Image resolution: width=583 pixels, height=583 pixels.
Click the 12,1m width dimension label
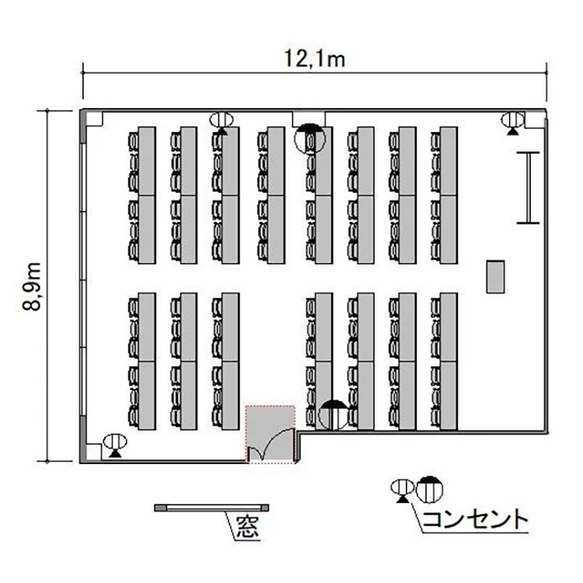(x=315, y=59)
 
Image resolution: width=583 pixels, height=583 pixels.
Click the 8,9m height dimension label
(x=31, y=286)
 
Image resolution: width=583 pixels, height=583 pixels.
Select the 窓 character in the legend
(x=248, y=528)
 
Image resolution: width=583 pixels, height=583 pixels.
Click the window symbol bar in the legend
(x=211, y=508)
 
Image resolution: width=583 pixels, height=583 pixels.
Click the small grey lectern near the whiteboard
(x=496, y=277)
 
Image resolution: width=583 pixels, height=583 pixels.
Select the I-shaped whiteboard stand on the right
(x=528, y=188)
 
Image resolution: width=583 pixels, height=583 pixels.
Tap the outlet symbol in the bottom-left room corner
(x=115, y=445)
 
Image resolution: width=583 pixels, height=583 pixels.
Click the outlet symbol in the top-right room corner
(x=513, y=123)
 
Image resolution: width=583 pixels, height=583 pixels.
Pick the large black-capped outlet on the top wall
(x=309, y=138)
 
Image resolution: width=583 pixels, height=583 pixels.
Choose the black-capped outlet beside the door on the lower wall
(x=334, y=415)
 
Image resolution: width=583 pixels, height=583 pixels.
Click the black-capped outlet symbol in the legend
(x=429, y=489)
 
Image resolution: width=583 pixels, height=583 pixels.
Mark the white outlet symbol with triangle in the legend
(x=402, y=490)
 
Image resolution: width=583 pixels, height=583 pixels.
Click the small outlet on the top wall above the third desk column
(x=222, y=123)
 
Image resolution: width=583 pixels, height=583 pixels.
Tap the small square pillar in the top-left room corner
(x=94, y=120)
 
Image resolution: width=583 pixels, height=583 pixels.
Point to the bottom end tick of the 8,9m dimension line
(x=47, y=462)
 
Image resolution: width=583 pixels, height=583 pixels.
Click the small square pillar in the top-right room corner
(x=534, y=120)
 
